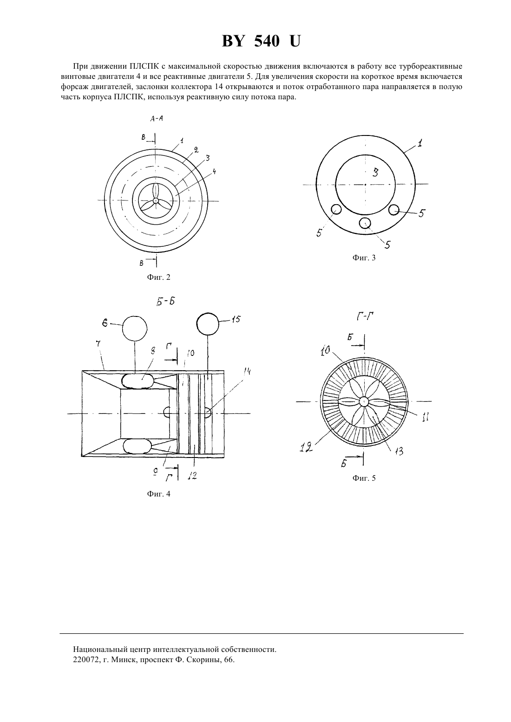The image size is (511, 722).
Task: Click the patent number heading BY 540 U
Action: [x=261, y=42]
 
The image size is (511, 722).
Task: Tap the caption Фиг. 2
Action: [x=158, y=277]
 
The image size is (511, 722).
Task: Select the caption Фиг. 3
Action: [x=364, y=258]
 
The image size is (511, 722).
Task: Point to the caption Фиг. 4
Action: [x=158, y=494]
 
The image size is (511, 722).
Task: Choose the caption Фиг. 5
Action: [x=364, y=478]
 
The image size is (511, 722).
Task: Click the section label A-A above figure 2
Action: [x=157, y=119]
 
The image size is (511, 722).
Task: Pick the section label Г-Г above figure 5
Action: [x=365, y=317]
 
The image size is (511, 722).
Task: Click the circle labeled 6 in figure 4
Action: [x=135, y=329]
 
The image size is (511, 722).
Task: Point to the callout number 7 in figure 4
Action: [x=98, y=344]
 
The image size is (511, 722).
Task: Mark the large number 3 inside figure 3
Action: [x=375, y=173]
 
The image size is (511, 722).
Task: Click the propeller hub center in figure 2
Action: [x=156, y=201]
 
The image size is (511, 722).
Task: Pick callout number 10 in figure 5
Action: [x=325, y=350]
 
